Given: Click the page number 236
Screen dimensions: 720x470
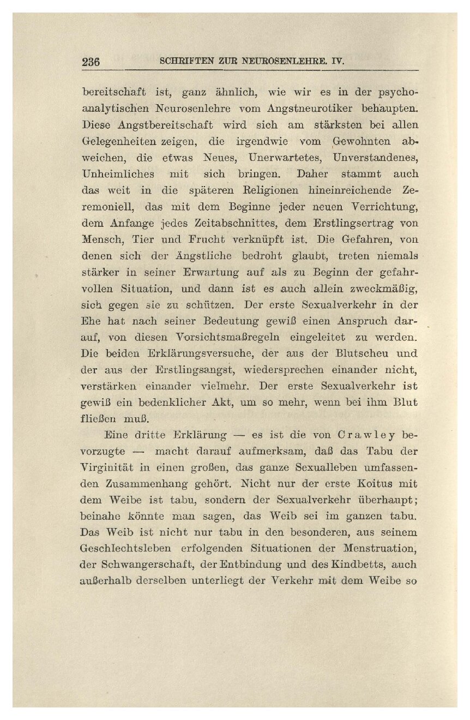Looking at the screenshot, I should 91,62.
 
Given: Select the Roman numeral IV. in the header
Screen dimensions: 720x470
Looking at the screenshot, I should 339,62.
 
